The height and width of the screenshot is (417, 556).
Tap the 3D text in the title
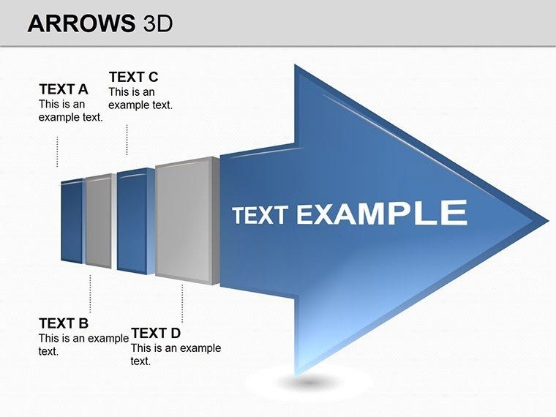(154, 23)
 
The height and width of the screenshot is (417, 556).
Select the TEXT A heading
(63, 89)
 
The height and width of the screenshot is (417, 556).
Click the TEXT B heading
(63, 323)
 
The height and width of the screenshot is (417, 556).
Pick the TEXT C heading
(133, 77)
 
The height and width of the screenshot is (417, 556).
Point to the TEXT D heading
(155, 334)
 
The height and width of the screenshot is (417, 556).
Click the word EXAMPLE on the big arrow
(381, 213)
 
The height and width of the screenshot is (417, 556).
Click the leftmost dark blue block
(72, 221)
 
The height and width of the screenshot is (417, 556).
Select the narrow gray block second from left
(99, 222)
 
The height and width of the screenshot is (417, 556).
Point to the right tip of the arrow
(544, 219)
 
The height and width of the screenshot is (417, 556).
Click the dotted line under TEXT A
(57, 151)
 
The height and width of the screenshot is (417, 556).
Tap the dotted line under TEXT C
(127, 139)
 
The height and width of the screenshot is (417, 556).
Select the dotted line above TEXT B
(90, 291)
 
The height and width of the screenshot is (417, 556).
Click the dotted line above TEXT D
(182, 303)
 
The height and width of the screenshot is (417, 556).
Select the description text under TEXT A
(70, 110)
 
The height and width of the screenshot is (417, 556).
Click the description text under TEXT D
(175, 355)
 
